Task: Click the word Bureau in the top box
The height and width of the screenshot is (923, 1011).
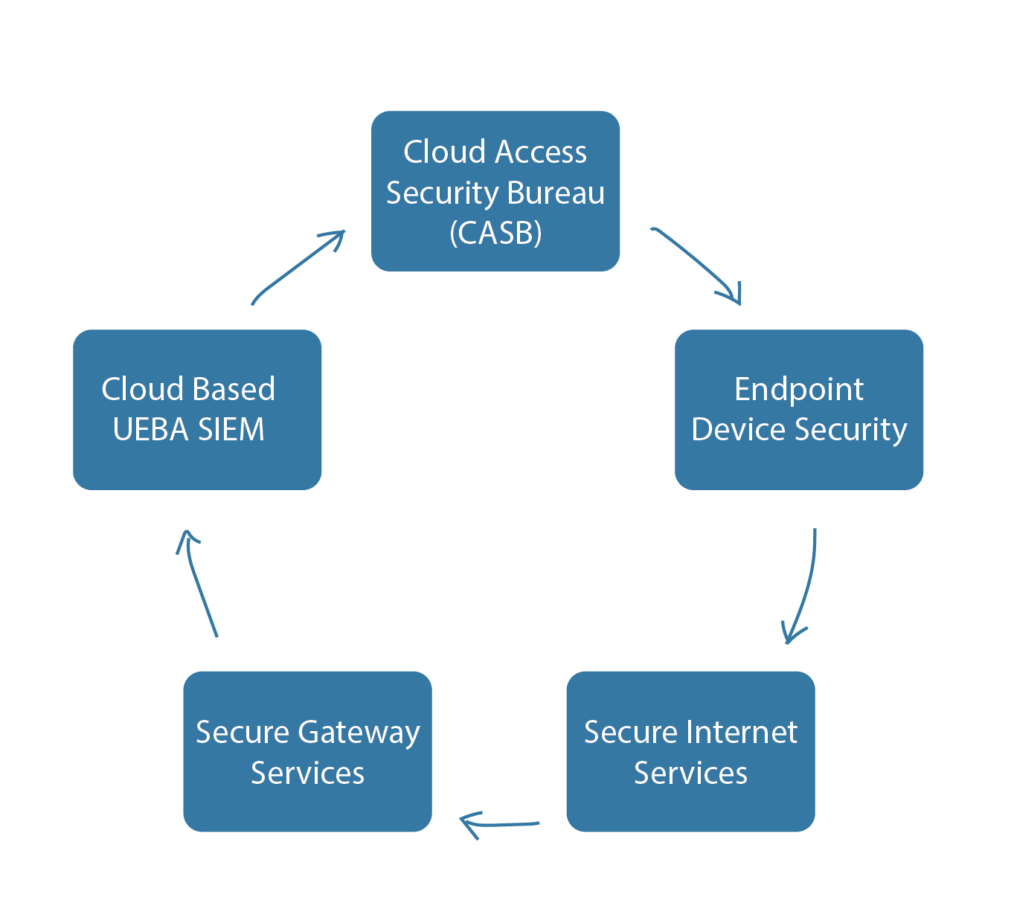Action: pyautogui.click(x=556, y=193)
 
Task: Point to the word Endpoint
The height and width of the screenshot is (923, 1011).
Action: pyautogui.click(x=799, y=390)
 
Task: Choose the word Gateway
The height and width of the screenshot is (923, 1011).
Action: pyautogui.click(x=359, y=733)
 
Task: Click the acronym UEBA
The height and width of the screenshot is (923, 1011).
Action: pyautogui.click(x=151, y=429)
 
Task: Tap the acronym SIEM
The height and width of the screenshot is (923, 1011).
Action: pyautogui.click(x=231, y=429)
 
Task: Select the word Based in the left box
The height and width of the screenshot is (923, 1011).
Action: pyautogui.click(x=234, y=389)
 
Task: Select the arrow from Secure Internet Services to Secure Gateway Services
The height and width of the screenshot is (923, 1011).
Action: pyautogui.click(x=500, y=825)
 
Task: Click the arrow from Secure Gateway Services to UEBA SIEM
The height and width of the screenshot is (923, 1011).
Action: pyautogui.click(x=197, y=583)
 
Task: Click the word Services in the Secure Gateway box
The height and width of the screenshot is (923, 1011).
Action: pyautogui.click(x=307, y=774)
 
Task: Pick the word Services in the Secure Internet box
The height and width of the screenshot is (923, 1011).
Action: pyautogui.click(x=690, y=774)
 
